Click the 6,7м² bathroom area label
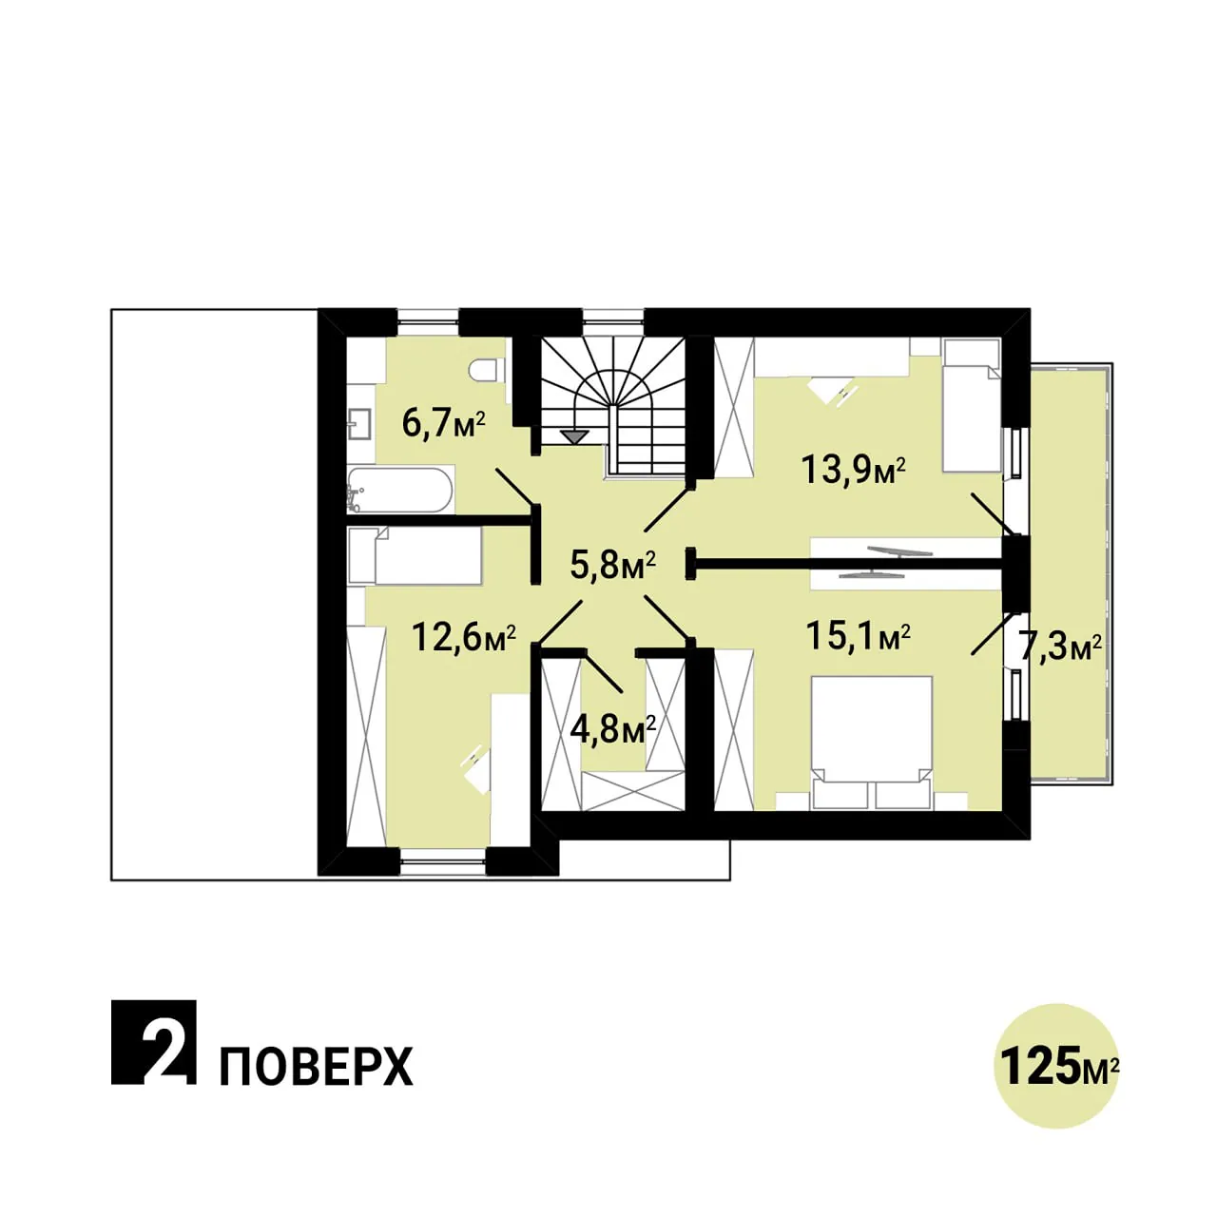click(443, 424)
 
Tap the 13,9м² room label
click(853, 470)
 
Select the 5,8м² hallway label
click(612, 565)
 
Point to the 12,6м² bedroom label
click(464, 637)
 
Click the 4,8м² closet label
click(612, 729)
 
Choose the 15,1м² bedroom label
click(858, 637)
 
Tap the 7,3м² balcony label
click(1060, 647)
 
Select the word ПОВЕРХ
click(317, 1066)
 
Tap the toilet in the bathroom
click(487, 370)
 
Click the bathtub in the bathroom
click(400, 490)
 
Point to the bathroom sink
click(360, 422)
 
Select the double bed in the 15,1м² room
click(872, 742)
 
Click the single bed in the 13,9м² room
click(972, 405)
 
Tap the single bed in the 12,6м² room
click(415, 556)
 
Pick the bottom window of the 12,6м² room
click(443, 861)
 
